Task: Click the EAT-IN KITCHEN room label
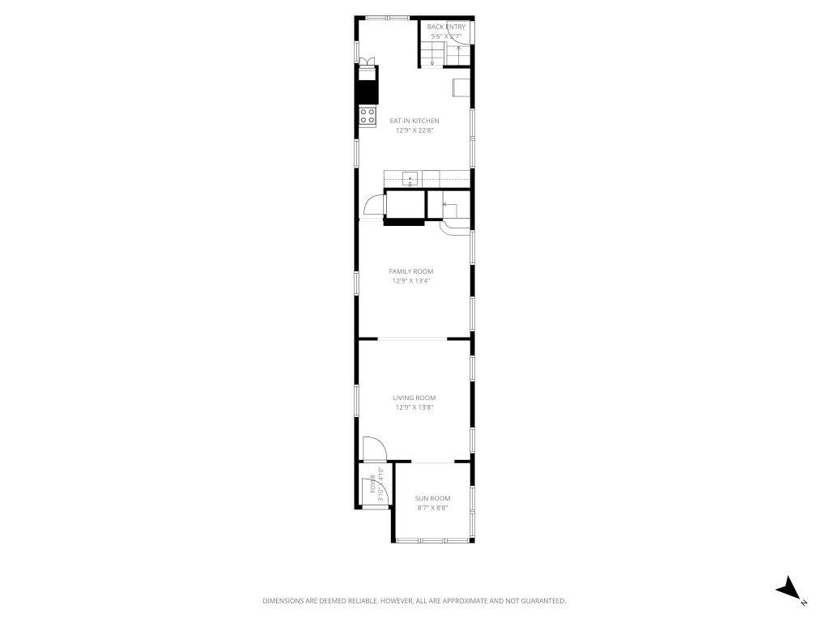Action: point(414,121)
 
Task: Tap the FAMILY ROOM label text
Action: point(411,271)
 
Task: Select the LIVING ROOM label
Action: point(414,398)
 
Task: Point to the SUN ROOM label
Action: point(432,498)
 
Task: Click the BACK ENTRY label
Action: point(446,27)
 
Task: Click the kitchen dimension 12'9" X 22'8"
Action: point(414,130)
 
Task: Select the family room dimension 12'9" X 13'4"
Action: point(411,281)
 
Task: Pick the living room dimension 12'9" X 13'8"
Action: point(414,407)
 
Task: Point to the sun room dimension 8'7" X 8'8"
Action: point(432,508)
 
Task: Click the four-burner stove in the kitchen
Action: point(368,116)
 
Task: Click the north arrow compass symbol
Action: point(788,590)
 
